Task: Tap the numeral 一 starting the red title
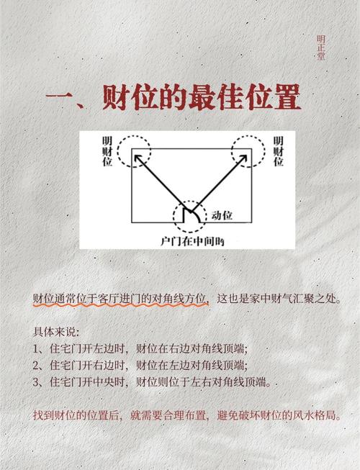tap(59, 99)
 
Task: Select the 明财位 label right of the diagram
tap(277, 150)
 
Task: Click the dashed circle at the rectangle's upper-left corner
tap(135, 150)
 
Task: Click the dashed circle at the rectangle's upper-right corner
tap(248, 150)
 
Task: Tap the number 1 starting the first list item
tap(36, 348)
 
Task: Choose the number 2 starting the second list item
tap(36, 365)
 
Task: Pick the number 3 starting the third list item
tap(36, 381)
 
